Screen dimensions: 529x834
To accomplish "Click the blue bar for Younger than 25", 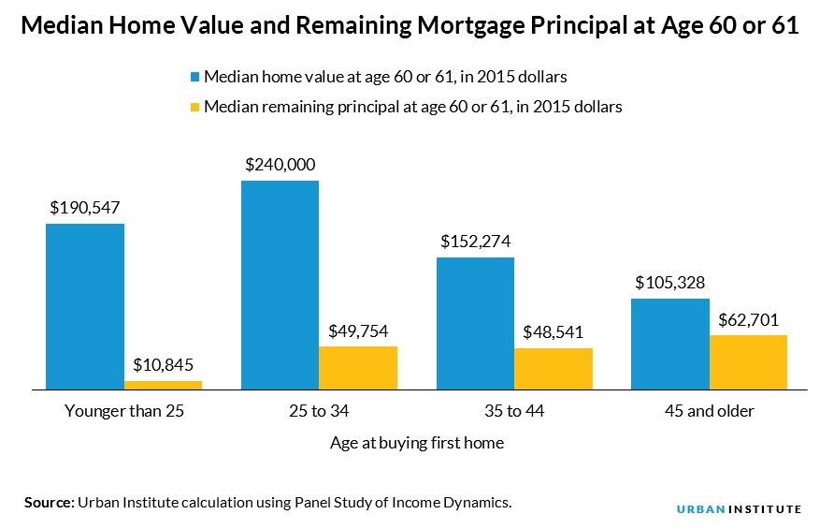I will pyautogui.click(x=85, y=306).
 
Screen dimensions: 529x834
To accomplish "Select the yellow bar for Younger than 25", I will pyautogui.click(x=164, y=384).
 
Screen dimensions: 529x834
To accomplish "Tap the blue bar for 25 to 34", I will pyautogui.click(x=280, y=285).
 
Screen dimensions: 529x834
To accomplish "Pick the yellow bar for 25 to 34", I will pyautogui.click(x=358, y=367).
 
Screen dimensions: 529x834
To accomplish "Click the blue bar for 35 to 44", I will pyautogui.click(x=475, y=323).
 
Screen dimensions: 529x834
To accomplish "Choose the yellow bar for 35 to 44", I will pyautogui.click(x=554, y=368).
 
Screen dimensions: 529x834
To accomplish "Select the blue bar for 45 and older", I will pyautogui.click(x=670, y=344).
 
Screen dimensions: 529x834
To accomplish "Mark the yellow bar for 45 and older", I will pyautogui.click(x=748, y=361).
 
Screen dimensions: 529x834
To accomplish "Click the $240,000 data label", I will pyautogui.click(x=280, y=164).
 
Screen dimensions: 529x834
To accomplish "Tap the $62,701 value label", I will pyautogui.click(x=748, y=318).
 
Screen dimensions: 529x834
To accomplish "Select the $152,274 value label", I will pyautogui.click(x=475, y=241).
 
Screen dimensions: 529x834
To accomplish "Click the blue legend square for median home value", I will pyautogui.click(x=195, y=76).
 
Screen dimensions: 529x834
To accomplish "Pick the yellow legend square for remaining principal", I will pyautogui.click(x=195, y=107).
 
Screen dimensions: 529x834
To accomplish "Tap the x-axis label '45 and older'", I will pyautogui.click(x=709, y=411).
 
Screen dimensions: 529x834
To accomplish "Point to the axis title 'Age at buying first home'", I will pyautogui.click(x=417, y=443).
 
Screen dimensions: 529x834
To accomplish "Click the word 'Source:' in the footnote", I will pyautogui.click(x=49, y=503).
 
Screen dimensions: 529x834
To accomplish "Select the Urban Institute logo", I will pyautogui.click(x=739, y=508).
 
